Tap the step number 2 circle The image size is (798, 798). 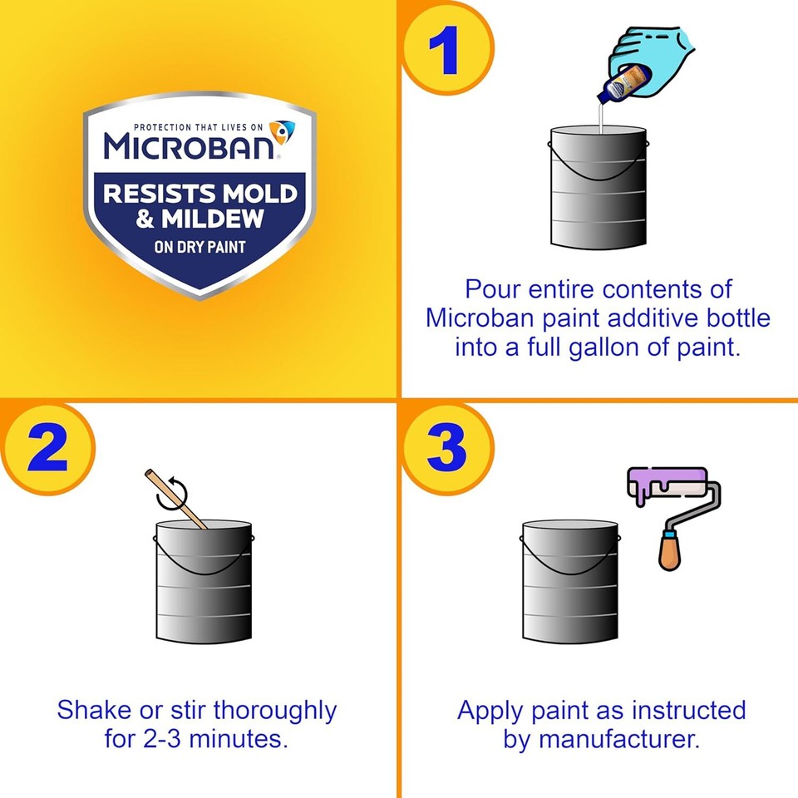point(46,449)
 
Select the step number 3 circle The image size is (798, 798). point(446,449)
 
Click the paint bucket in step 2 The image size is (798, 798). point(204,582)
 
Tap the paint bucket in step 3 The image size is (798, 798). point(570,582)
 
